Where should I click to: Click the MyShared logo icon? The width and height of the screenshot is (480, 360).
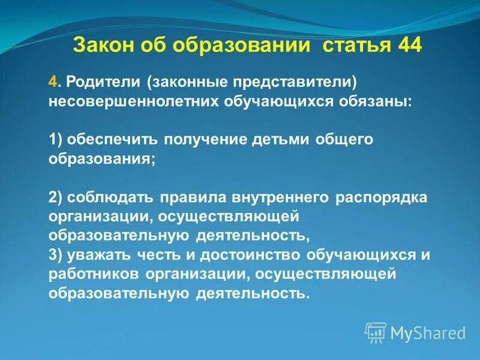coord(376,332)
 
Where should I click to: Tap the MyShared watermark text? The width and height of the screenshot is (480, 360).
coord(428,332)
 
